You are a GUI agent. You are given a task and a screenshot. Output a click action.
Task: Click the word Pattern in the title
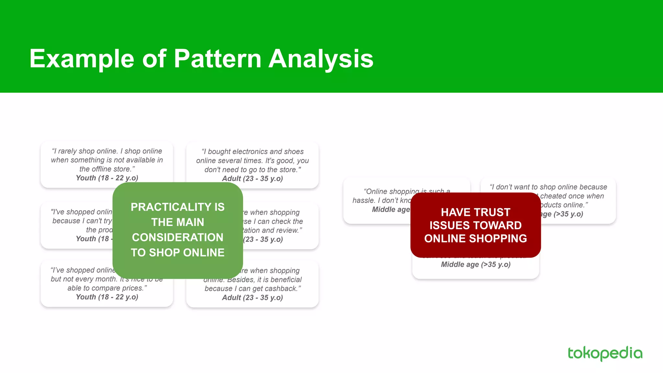(217, 59)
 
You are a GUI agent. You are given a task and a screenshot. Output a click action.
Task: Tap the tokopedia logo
(605, 353)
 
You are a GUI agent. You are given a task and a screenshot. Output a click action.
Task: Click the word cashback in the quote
(283, 288)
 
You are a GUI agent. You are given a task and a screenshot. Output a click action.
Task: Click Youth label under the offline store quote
(86, 178)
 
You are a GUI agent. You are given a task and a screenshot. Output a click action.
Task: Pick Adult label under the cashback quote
(231, 298)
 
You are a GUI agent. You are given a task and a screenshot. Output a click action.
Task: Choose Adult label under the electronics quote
(231, 179)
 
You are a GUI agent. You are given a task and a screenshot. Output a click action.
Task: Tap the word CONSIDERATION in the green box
(177, 237)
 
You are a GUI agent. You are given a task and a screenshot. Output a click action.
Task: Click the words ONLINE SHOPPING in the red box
(475, 239)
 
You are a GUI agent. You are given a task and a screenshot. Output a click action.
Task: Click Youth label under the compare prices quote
(86, 297)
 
